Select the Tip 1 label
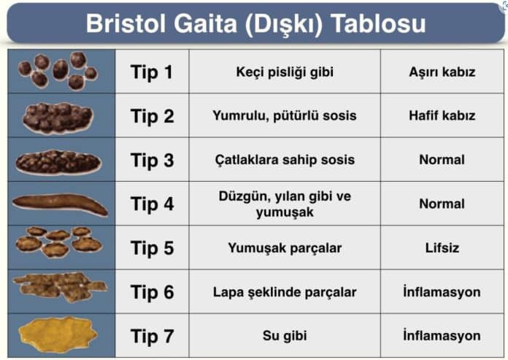tap(152, 72)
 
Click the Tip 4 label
tap(152, 204)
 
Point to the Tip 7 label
tap(152, 336)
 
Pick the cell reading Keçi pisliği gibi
tap(284, 72)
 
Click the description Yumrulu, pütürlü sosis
tap(284, 115)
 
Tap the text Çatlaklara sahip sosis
tap(284, 159)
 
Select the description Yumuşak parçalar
tap(284, 248)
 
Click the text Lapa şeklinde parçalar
tap(284, 292)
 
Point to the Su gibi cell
tap(284, 336)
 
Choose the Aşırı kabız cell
tap(442, 72)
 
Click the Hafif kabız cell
tap(442, 115)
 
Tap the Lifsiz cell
tap(442, 248)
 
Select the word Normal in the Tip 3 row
tap(442, 159)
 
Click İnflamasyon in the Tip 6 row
tap(442, 292)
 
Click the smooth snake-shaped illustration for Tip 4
tap(60, 204)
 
